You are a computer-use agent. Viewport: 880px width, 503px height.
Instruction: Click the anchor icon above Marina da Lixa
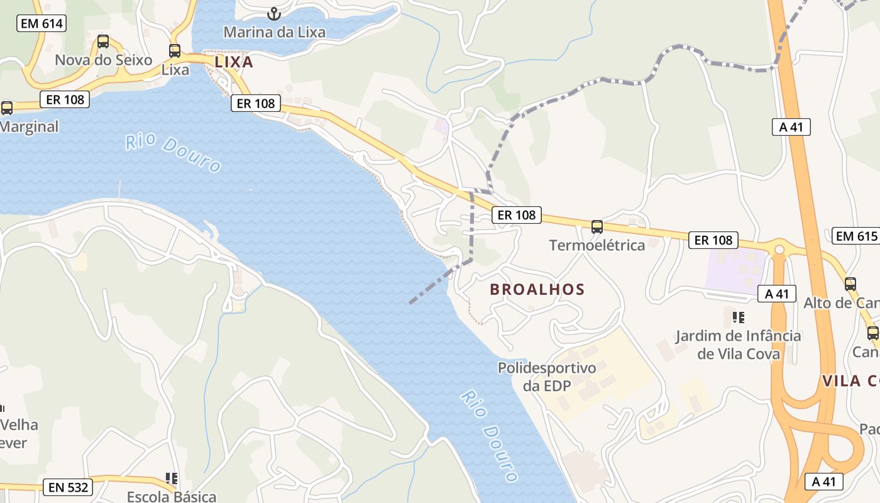(274, 13)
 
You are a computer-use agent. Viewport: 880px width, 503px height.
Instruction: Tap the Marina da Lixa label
(275, 31)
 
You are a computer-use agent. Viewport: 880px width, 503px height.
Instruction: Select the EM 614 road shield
(41, 24)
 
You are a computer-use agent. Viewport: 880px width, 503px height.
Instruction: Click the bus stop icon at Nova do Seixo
(103, 42)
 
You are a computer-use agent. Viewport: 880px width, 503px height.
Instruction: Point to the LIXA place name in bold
(234, 62)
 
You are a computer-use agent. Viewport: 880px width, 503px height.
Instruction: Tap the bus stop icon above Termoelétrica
(597, 227)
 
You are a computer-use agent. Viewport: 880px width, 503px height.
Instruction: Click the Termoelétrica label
(597, 245)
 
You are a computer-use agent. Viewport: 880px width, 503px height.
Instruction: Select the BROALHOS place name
(537, 289)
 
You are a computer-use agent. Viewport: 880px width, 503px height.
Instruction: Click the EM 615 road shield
(855, 236)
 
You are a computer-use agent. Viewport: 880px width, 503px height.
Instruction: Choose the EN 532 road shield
(68, 487)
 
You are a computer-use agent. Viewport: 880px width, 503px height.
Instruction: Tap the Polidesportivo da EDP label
(547, 376)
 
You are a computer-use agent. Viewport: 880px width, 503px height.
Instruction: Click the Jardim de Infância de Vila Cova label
(738, 345)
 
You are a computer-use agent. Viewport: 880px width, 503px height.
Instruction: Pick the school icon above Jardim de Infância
(738, 318)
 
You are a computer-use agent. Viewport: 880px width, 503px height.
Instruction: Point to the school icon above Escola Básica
(171, 479)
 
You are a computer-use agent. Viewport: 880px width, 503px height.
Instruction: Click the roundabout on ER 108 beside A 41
(779, 250)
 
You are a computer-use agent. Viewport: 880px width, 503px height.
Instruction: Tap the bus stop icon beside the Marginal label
(7, 108)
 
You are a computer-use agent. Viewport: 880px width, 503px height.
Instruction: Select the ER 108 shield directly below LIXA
(256, 103)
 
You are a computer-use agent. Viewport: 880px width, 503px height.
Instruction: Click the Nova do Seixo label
(104, 60)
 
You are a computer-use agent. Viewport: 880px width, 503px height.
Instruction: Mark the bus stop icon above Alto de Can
(850, 284)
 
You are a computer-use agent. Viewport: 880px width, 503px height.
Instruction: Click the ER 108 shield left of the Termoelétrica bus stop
(517, 215)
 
